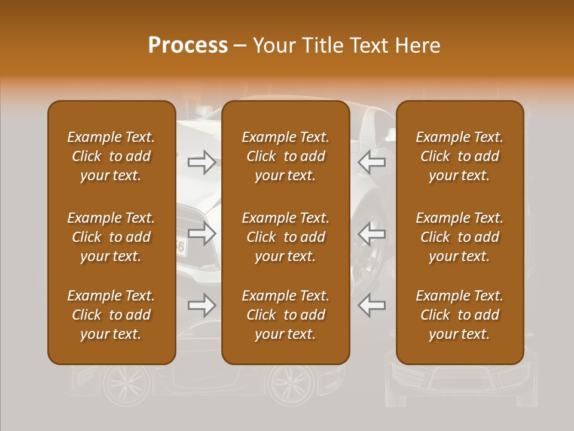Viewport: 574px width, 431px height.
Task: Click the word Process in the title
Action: pyautogui.click(x=188, y=45)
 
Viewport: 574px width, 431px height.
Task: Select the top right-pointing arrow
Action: pyautogui.click(x=201, y=162)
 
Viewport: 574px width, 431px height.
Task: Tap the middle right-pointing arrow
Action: pyautogui.click(x=201, y=233)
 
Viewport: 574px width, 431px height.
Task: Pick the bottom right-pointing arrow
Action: pyautogui.click(x=201, y=305)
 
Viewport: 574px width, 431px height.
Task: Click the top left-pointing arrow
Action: pyautogui.click(x=371, y=162)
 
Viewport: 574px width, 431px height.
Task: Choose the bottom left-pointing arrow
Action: pyautogui.click(x=371, y=305)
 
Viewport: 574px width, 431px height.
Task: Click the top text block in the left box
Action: pyautogui.click(x=111, y=156)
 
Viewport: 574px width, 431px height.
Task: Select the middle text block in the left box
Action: pyautogui.click(x=111, y=237)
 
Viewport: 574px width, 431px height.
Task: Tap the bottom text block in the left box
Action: pyautogui.click(x=111, y=315)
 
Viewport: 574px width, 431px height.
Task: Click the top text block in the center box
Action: pyautogui.click(x=285, y=156)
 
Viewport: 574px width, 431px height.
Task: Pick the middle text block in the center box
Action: pyautogui.click(x=285, y=237)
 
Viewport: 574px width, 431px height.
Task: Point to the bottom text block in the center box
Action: pyautogui.click(x=285, y=315)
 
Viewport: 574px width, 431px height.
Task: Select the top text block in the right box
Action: pyautogui.click(x=459, y=156)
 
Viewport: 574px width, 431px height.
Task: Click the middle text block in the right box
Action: pyautogui.click(x=459, y=237)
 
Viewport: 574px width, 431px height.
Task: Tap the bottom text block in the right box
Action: pyautogui.click(x=459, y=315)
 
